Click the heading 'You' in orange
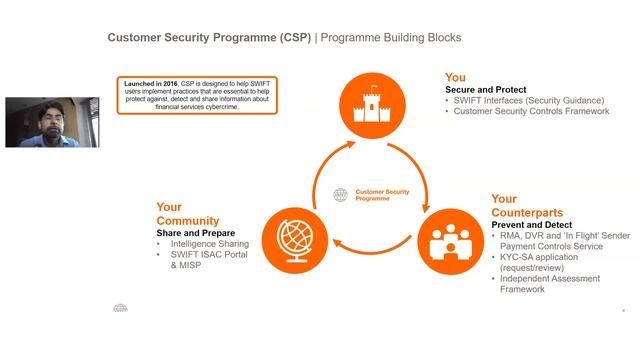click(x=456, y=77)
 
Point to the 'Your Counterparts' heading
click(x=527, y=206)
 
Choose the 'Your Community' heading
click(x=189, y=214)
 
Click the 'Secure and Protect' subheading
click(x=485, y=90)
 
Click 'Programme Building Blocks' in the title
click(x=392, y=38)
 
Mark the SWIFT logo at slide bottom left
click(x=120, y=309)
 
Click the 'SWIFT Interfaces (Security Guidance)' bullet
click(x=528, y=100)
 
